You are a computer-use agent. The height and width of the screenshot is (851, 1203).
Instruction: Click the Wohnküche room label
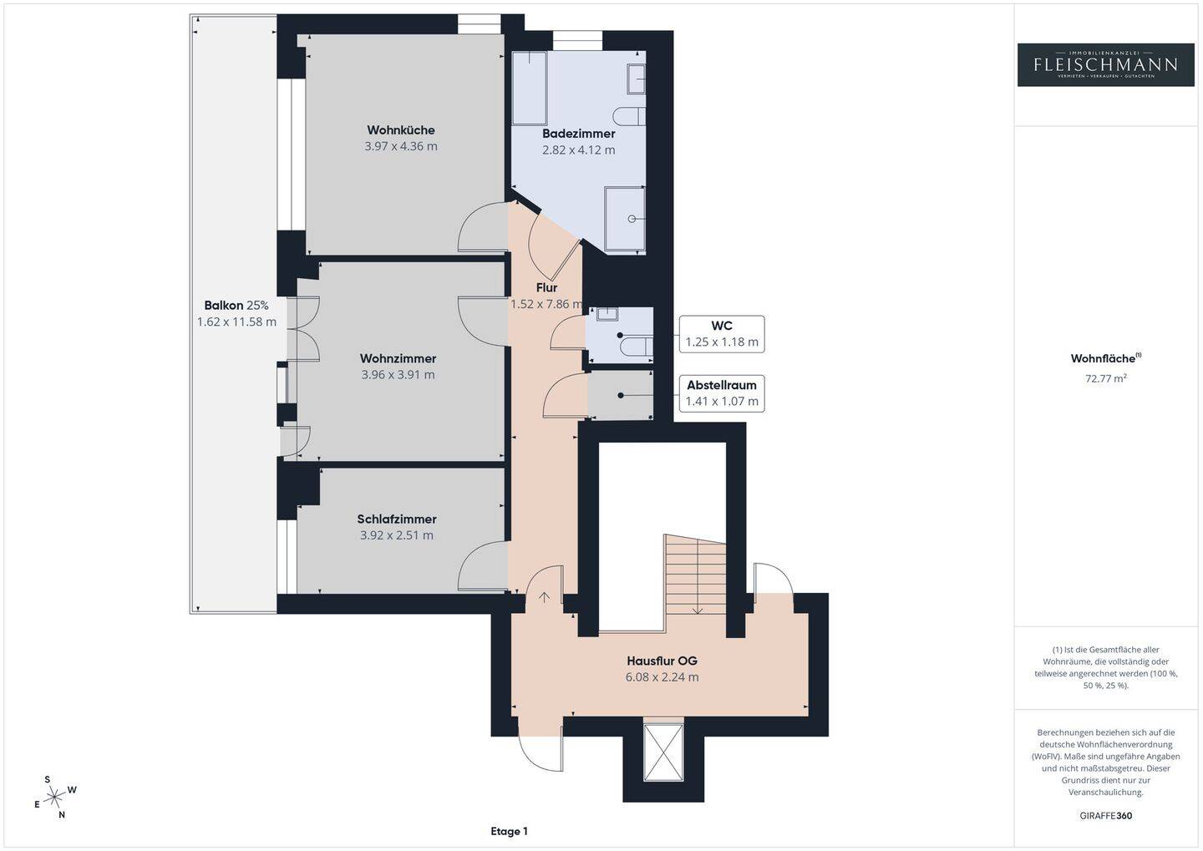401,130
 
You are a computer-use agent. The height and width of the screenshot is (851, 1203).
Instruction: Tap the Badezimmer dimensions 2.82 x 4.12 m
578,149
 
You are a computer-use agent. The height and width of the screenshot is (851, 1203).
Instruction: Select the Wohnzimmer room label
398,358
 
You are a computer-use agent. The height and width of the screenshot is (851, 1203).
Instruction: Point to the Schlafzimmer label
397,519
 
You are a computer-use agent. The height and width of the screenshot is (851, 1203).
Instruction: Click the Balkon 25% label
236,306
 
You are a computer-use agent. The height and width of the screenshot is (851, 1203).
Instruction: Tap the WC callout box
722,334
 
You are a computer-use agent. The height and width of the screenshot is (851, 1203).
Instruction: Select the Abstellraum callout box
722,393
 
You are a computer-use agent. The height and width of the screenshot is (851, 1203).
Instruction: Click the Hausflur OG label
662,661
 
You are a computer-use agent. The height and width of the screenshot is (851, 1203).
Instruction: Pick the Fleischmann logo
1106,65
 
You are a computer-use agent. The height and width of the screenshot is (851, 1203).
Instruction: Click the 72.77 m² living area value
1106,378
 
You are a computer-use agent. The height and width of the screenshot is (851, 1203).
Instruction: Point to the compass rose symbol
54,798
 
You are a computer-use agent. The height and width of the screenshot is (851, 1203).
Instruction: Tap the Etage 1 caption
509,831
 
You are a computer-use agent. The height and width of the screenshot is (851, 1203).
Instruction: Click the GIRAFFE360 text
1106,816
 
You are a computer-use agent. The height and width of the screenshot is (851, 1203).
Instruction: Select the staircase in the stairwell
695,575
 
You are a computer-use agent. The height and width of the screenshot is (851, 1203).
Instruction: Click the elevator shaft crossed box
663,752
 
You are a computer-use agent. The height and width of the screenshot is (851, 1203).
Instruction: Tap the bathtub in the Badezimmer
530,89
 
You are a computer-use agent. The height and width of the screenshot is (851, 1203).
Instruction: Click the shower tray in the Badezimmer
625,219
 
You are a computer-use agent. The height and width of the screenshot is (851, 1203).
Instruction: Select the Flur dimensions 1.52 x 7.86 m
546,304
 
